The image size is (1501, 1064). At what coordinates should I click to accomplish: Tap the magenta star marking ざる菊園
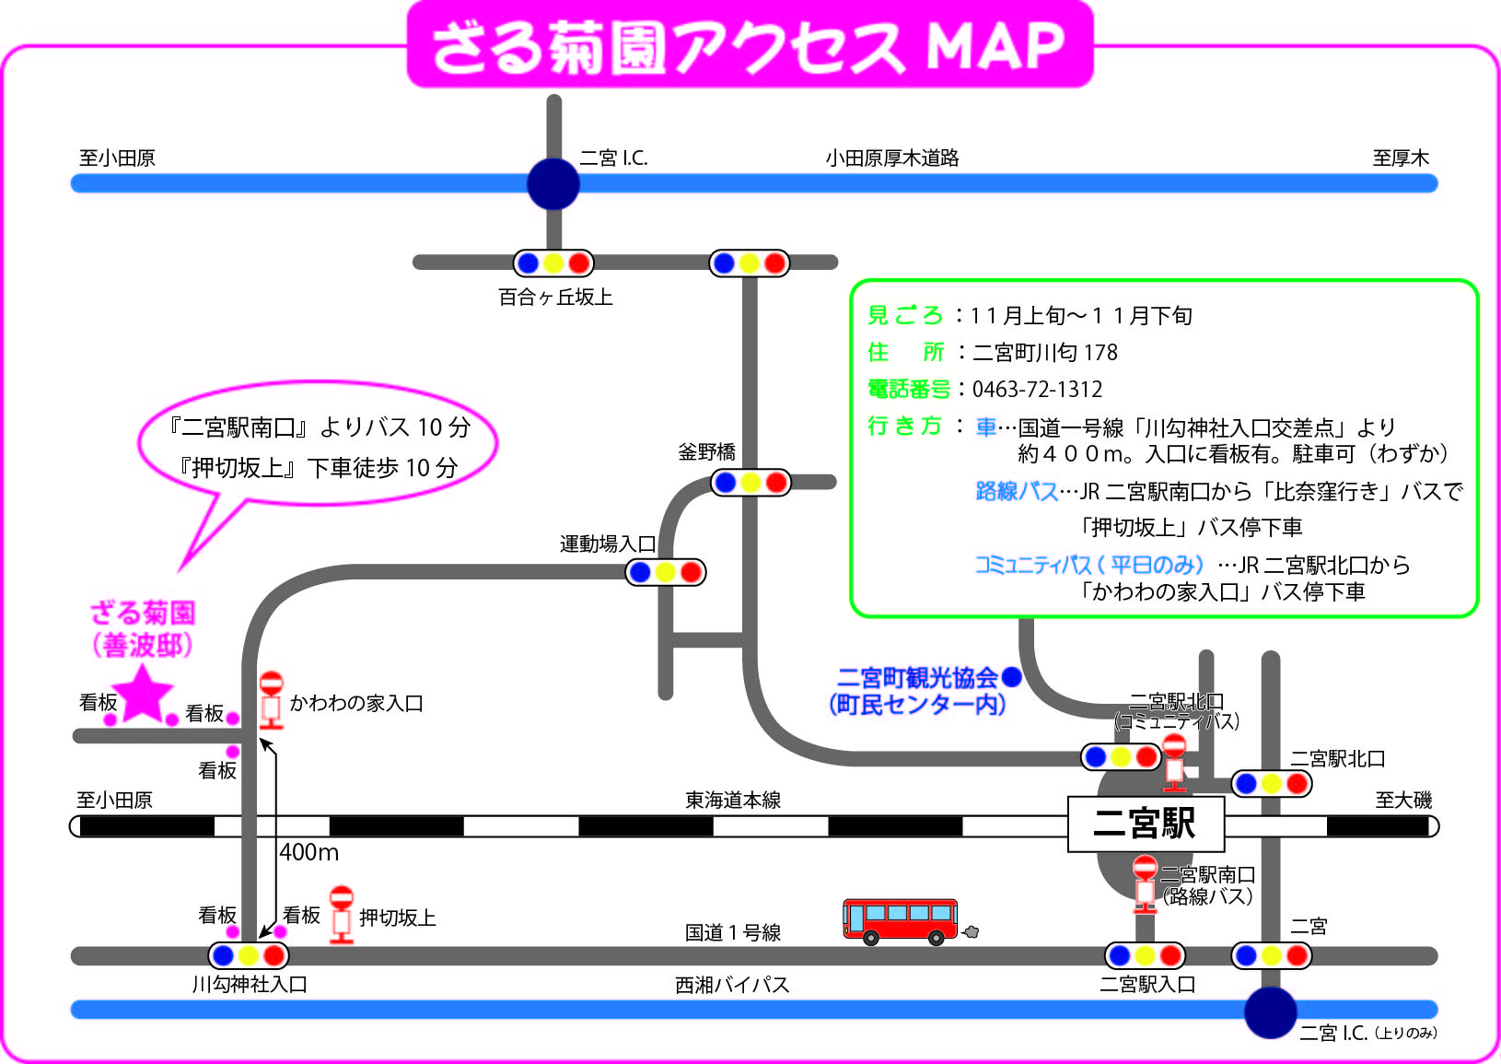click(x=142, y=694)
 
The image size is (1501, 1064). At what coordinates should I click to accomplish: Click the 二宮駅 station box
click(x=1146, y=824)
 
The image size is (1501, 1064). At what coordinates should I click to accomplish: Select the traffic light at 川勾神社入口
click(x=249, y=955)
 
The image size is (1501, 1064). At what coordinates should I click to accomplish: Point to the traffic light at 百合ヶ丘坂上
click(x=553, y=263)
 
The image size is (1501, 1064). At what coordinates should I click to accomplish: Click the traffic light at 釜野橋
click(x=750, y=482)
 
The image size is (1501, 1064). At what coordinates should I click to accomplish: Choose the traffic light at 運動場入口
click(x=666, y=572)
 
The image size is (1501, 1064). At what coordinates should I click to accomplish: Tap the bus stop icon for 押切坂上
click(x=341, y=915)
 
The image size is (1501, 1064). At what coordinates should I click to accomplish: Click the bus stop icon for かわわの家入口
click(x=272, y=700)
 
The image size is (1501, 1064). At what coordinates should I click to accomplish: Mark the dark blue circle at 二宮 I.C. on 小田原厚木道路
click(x=553, y=183)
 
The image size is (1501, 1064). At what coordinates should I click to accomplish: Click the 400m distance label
click(x=308, y=852)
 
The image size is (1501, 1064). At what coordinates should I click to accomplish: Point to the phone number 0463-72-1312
click(x=1037, y=389)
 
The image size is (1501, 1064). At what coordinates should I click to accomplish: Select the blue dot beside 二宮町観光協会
click(x=1011, y=677)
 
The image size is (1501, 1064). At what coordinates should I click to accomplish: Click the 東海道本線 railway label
click(x=733, y=800)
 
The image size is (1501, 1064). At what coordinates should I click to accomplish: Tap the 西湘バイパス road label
click(x=732, y=985)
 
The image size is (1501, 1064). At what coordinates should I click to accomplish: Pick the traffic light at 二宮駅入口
click(x=1146, y=955)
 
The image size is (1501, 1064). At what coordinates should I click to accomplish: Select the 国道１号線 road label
click(x=733, y=932)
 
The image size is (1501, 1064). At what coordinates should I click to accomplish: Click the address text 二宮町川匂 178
click(x=1044, y=352)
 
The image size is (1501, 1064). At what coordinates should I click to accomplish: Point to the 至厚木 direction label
click(x=1401, y=158)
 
